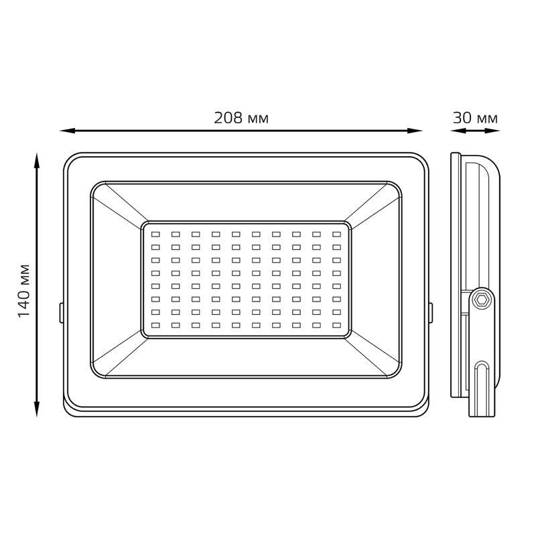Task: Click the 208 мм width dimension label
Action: pos(241,119)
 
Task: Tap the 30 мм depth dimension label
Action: pos(475,119)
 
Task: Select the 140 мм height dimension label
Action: pos(24,291)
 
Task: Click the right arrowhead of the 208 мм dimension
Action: pos(415,131)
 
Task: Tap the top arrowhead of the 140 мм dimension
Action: pos(37,161)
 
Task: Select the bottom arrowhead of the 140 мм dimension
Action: pos(37,409)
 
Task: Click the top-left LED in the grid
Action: pos(155,234)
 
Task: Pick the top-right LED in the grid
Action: pos(337,234)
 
